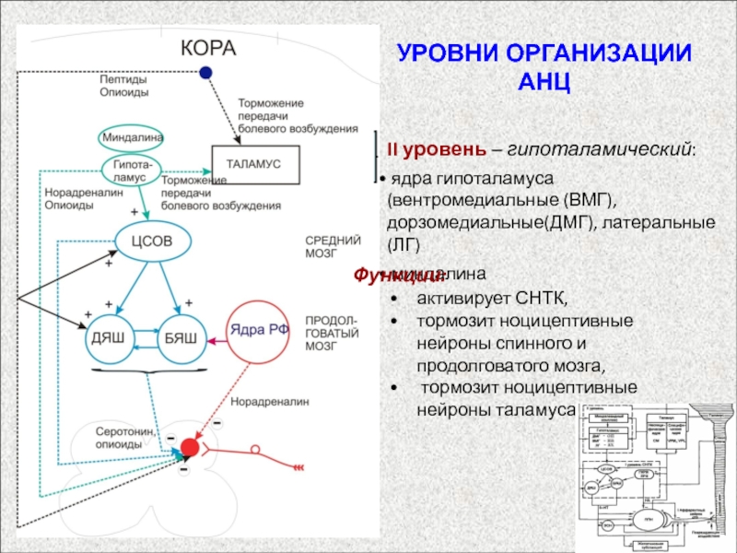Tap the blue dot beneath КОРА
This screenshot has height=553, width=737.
[206, 72]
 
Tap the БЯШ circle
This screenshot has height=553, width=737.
[181, 337]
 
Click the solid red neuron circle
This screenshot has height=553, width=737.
[189, 448]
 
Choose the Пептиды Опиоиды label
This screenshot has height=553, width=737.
[124, 86]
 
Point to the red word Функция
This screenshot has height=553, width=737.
[386, 276]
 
